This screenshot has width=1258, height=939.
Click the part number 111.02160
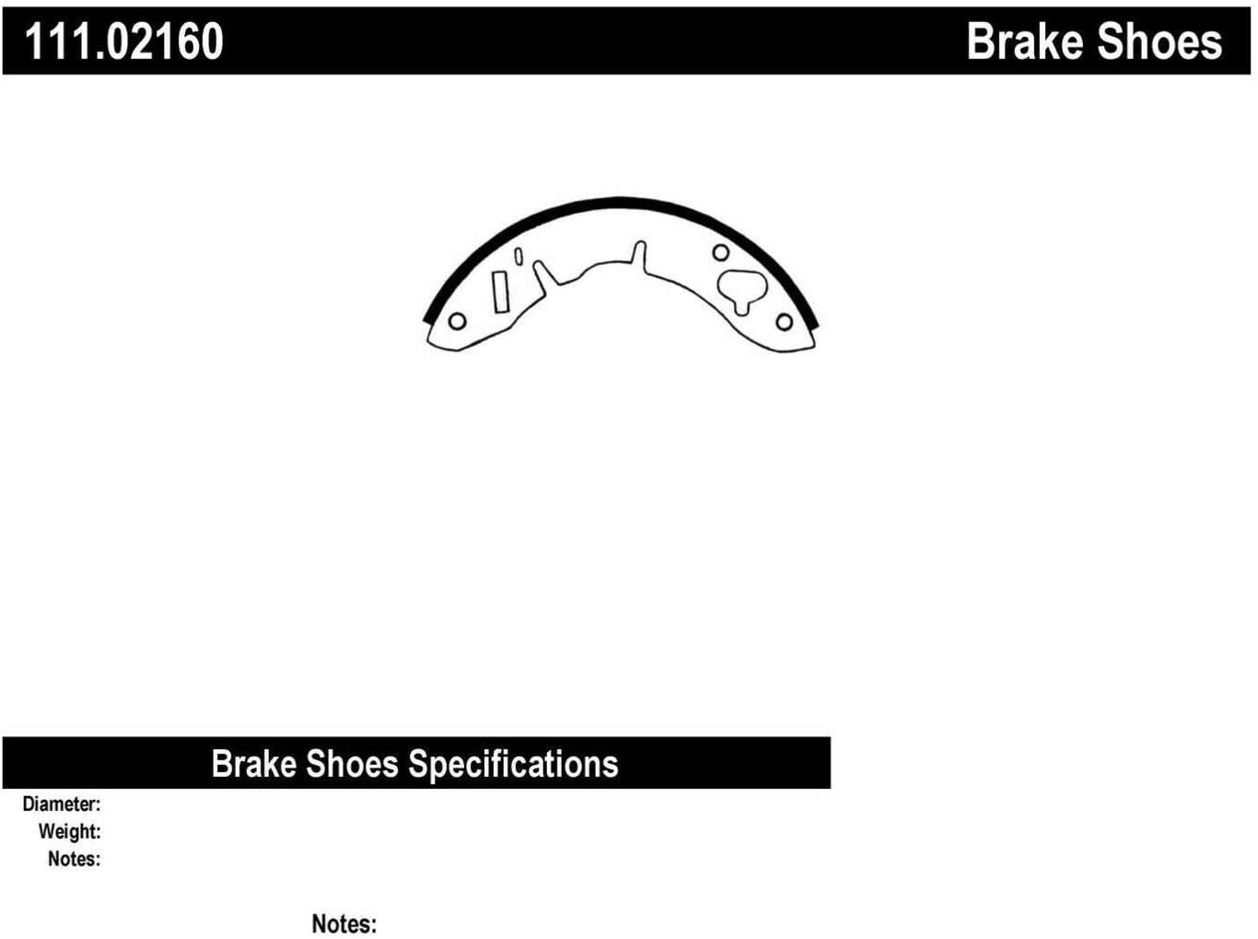tap(123, 41)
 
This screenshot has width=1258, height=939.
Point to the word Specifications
tap(513, 765)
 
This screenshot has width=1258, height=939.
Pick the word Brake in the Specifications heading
tap(254, 763)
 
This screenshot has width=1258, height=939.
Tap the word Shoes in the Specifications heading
tap(352, 763)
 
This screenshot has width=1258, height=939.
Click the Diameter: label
tap(62, 804)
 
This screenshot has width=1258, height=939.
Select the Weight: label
tap(69, 831)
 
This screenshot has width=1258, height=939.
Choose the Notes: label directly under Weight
tap(75, 859)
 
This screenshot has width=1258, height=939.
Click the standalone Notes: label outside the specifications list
tap(344, 923)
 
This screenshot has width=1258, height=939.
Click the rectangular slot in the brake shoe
tap(500, 292)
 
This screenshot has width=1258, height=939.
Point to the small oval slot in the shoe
tap(518, 256)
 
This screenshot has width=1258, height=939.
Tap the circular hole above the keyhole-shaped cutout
tap(720, 252)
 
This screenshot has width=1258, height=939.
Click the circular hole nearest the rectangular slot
tap(457, 321)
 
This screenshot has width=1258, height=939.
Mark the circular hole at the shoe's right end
tap(784, 322)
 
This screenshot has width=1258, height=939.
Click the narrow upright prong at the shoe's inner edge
tap(639, 255)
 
